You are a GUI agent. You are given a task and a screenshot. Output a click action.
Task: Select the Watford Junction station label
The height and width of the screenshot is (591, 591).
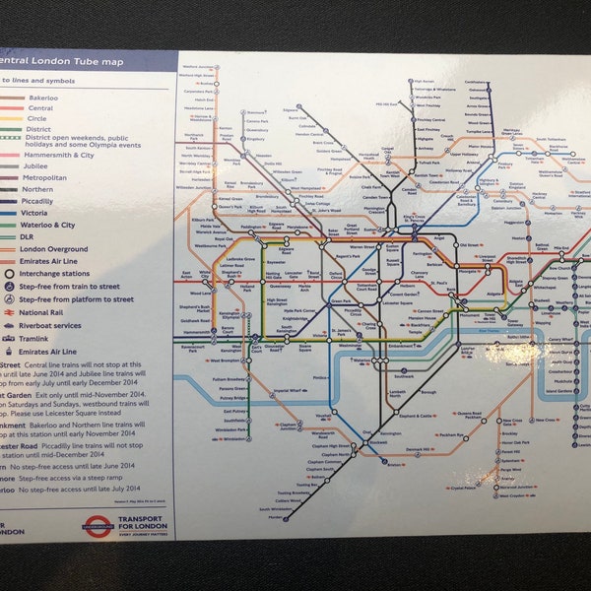pos(198,68)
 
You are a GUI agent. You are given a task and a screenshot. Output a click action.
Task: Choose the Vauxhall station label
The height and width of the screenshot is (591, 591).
pos(326,415)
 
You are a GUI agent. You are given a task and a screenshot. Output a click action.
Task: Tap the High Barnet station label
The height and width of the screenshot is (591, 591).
pos(425,82)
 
